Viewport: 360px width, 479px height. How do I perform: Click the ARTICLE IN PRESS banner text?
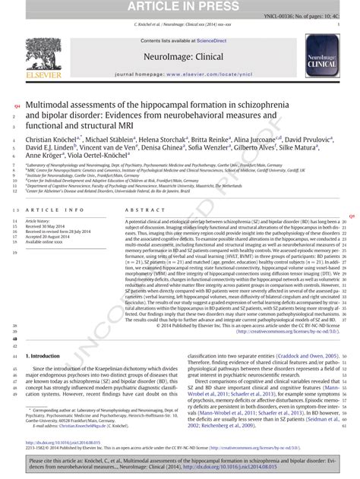[x=179, y=8]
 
